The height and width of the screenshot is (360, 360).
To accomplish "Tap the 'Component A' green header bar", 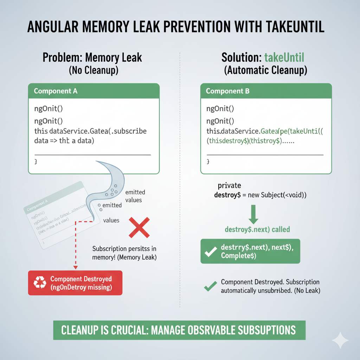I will click(94, 91).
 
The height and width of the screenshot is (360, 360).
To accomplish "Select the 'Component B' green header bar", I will click(266, 91).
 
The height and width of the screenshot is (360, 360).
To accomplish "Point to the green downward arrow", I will click(253, 214).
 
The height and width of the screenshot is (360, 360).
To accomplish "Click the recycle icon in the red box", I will click(39, 283).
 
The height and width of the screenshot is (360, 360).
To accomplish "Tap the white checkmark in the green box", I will click(211, 252).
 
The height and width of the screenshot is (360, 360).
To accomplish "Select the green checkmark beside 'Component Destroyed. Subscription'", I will click(210, 287).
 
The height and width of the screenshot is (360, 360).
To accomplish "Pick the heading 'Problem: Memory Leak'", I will click(93, 57).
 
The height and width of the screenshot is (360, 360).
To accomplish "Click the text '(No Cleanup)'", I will click(93, 70).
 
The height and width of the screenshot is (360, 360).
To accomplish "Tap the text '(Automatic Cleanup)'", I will click(265, 70).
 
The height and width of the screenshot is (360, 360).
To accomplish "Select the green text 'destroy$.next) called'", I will click(257, 230).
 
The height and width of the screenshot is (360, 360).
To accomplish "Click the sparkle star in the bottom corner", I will click(340, 340).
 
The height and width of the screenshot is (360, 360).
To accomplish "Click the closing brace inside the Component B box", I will click(208, 162).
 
